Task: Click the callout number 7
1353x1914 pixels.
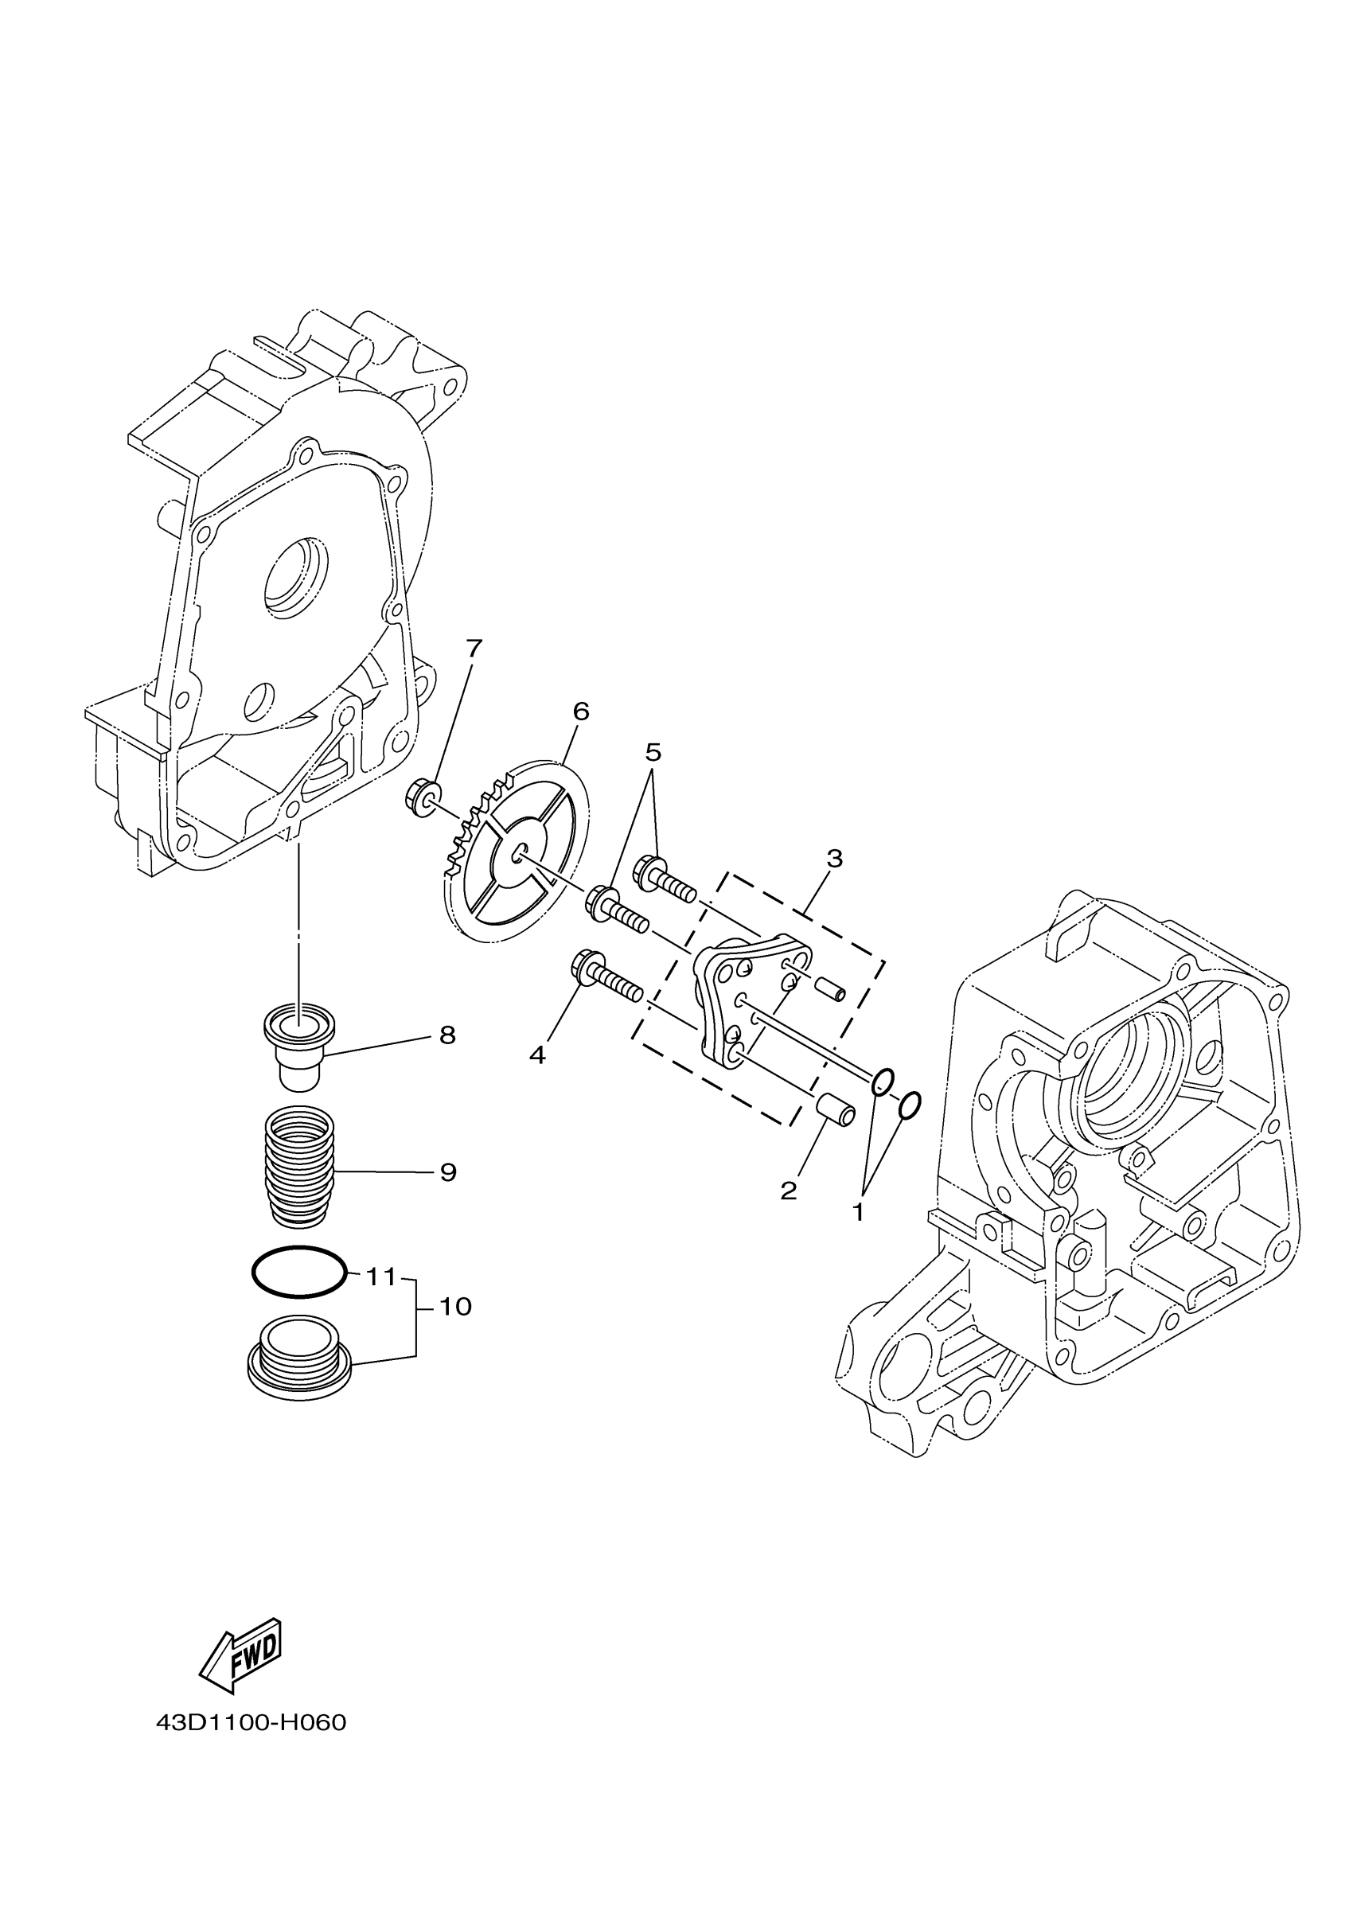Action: tap(474, 648)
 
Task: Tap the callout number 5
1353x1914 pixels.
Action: tap(653, 752)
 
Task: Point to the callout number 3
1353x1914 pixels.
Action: tap(834, 858)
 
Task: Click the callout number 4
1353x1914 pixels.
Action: tap(537, 1055)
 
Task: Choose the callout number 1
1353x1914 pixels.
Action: tap(859, 1211)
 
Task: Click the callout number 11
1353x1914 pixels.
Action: tap(381, 1277)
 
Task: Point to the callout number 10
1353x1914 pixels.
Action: tap(455, 1306)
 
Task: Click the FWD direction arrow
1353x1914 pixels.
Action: tap(242, 1655)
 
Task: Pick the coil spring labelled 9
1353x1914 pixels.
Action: tap(299, 1164)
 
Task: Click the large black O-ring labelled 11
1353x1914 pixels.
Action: tap(298, 1272)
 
